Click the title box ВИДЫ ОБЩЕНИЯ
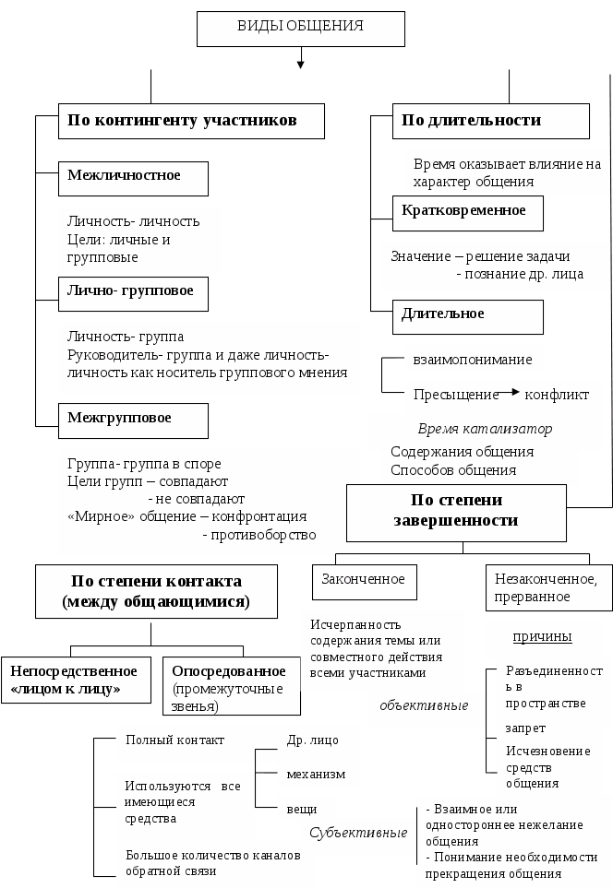301,29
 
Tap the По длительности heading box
491,121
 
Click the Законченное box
364,581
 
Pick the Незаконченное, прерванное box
546,587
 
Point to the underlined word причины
542,637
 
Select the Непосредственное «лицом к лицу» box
76,680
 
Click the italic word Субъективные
358,833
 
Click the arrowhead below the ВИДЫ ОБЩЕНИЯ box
300,64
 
